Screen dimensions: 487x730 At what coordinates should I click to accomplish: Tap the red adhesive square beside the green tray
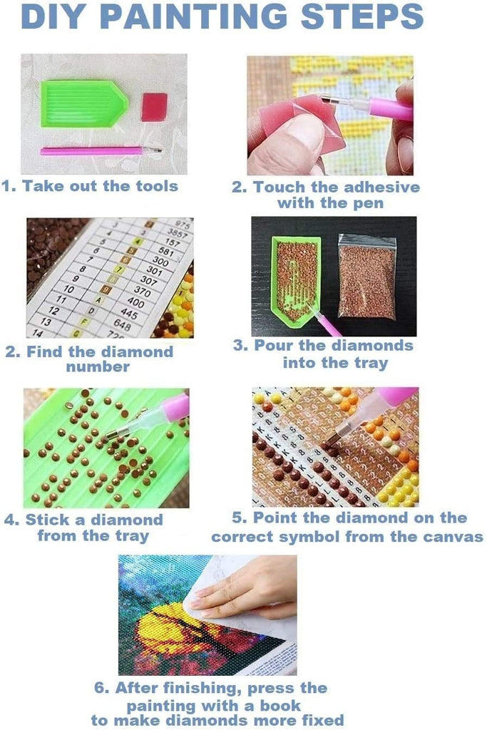154,107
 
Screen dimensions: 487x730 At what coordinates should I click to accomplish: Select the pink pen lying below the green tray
101,150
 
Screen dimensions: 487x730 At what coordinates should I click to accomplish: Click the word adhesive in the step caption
382,187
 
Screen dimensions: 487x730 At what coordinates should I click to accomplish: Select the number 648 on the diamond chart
122,324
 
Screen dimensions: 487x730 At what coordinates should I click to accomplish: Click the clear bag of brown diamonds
367,276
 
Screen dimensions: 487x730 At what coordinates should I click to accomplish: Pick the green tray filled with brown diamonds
296,280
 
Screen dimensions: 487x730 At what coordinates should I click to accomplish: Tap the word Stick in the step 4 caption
48,520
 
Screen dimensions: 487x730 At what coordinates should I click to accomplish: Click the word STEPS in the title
362,17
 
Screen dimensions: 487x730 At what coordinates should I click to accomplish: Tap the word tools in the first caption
157,186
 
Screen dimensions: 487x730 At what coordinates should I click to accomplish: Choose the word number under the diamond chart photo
98,366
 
